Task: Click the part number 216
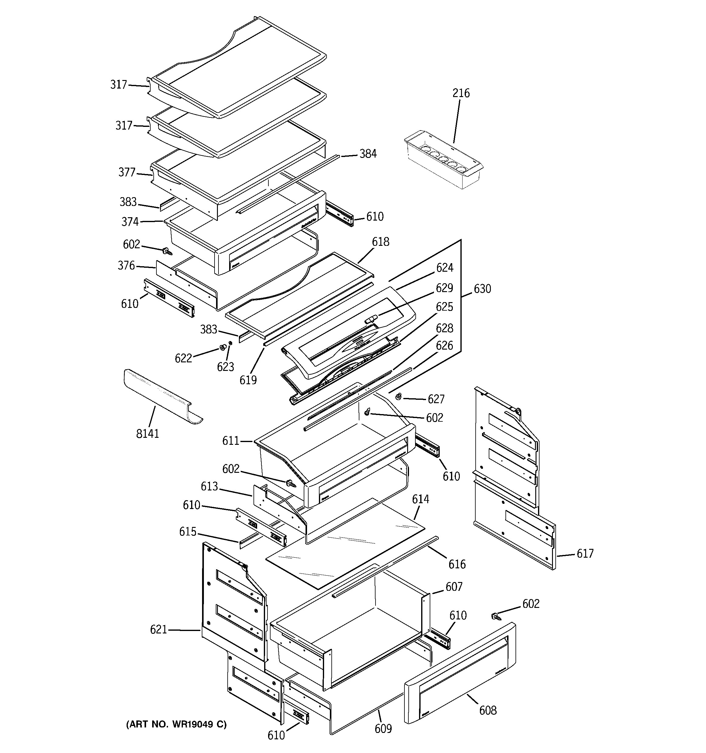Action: pos(461,93)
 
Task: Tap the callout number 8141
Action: pos(147,434)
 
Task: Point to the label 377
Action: pos(127,172)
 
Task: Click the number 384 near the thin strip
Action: pos(368,154)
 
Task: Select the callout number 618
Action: pos(380,242)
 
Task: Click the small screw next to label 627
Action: pos(399,396)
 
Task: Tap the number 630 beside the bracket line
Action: pos(482,289)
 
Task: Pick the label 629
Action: pos(444,288)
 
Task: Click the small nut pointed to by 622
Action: pos(222,347)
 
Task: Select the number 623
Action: pos(225,367)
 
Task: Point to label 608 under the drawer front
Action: pos(488,710)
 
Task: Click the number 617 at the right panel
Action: pos(585,554)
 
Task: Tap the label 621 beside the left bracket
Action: pos(159,629)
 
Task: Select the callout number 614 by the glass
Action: pos(420,499)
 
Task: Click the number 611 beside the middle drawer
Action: pos(231,441)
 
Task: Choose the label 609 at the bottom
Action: pos(383,728)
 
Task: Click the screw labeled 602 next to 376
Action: pos(167,251)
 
